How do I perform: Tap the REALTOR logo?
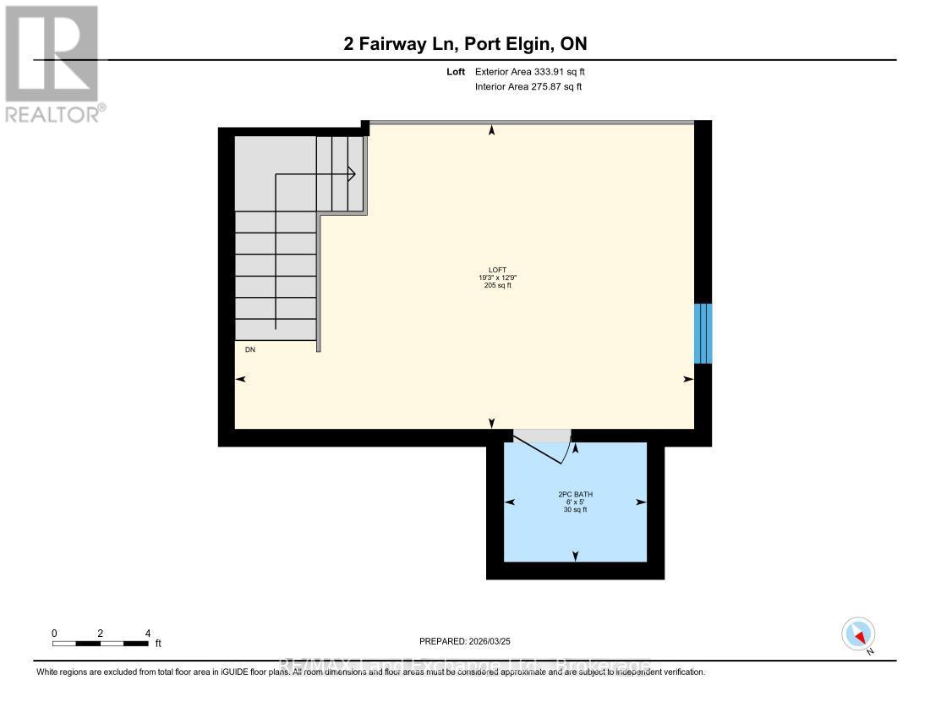(x=52, y=64)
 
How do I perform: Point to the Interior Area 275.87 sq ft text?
(x=528, y=86)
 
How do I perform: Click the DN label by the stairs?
(x=249, y=349)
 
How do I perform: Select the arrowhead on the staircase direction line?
(x=350, y=174)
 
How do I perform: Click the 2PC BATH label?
(x=575, y=493)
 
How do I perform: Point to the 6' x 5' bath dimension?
(x=575, y=502)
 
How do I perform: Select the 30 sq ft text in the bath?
(x=575, y=510)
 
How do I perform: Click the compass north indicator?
(x=858, y=634)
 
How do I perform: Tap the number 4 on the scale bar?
(x=147, y=633)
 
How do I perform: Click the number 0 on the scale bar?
(x=53, y=633)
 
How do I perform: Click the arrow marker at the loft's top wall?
(x=492, y=130)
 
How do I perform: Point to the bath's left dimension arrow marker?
(x=510, y=502)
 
